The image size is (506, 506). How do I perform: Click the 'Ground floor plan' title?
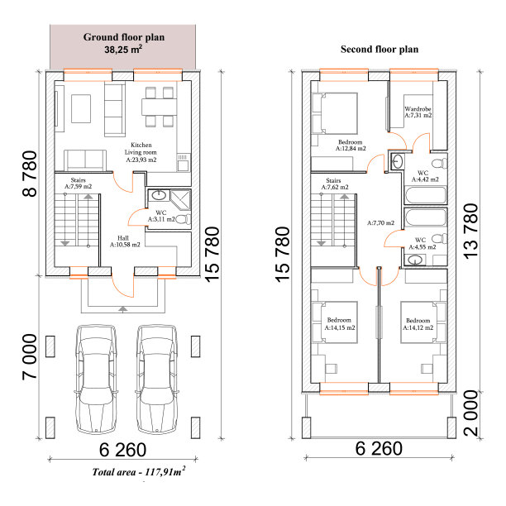(124, 37)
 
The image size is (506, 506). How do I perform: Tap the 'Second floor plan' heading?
(379, 50)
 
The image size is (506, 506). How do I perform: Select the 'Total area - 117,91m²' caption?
(139, 471)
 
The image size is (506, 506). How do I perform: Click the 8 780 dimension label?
(30, 174)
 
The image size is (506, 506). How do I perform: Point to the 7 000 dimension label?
(30, 357)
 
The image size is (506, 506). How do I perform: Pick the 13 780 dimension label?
(470, 231)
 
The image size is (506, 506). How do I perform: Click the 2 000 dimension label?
(470, 413)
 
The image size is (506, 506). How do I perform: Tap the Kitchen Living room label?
(141, 152)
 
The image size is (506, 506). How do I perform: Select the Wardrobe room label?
(418, 112)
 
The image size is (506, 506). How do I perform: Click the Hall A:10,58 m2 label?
(125, 241)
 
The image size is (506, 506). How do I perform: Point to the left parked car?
(96, 379)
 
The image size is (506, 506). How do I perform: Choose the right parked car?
(157, 379)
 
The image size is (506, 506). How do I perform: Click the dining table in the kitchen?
(159, 107)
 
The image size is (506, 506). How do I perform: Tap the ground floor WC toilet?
(184, 219)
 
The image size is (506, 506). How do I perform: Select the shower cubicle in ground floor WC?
(180, 200)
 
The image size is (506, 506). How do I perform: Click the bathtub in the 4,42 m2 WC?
(426, 194)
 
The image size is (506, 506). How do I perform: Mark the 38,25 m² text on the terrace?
(123, 50)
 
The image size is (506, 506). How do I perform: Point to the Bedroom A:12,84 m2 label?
(351, 146)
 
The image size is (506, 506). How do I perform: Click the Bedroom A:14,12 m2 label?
(418, 324)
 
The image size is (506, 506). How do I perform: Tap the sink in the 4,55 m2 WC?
(414, 260)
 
